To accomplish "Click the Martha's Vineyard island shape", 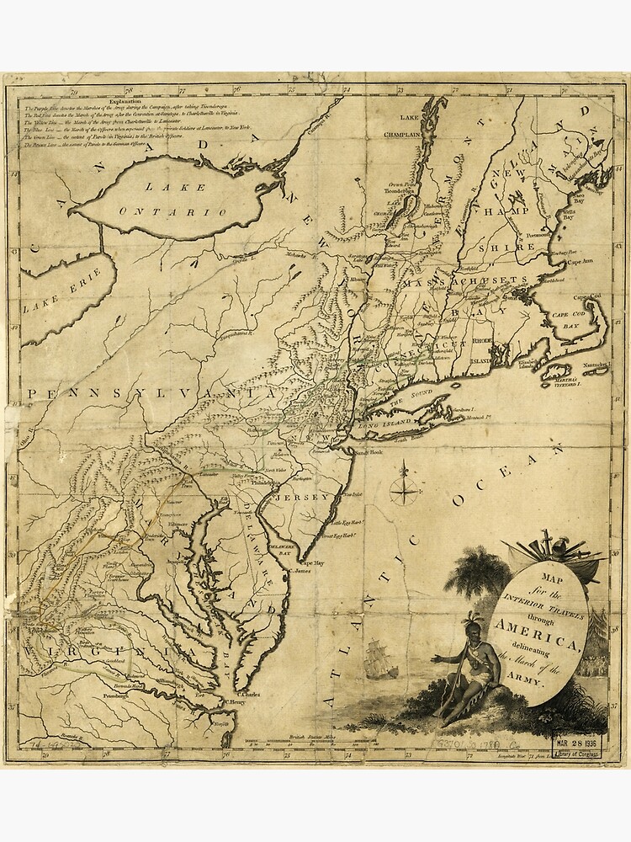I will (556, 370).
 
